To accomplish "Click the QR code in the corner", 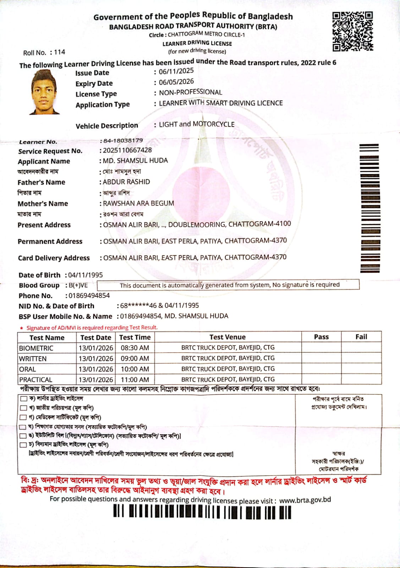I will point(352,31).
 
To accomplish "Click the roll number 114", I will point(59,52).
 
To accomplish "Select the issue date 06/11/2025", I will point(176,71).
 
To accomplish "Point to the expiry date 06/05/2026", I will point(176,82).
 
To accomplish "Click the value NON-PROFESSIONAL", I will point(190,92).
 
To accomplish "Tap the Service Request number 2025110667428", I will point(127,150).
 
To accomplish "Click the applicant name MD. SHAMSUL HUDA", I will point(135,161).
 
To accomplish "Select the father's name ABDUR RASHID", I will point(126,182).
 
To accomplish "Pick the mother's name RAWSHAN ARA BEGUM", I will point(138,203).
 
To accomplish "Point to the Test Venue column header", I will point(228,337).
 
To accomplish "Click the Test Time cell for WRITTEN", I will point(135,358).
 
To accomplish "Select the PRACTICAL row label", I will point(35,380).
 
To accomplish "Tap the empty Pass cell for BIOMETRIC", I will point(321,347).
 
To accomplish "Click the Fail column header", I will point(361,337).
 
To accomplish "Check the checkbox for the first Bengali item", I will point(24,399).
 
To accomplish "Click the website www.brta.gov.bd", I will point(305,500).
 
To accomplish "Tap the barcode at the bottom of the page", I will point(202,512).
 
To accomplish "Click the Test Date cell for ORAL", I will point(96,369).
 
